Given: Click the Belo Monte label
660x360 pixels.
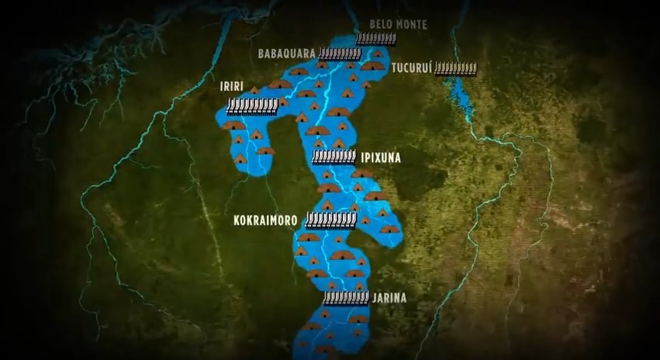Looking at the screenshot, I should coord(398,24).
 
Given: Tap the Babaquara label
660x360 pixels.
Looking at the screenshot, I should coord(286,54).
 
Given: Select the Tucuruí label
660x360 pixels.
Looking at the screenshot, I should coord(410,68).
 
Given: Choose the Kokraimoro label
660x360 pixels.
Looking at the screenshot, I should coord(266,220).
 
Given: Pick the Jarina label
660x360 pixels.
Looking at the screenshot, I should coord(389,297).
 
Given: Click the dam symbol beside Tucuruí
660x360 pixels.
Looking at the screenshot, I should coord(455,68).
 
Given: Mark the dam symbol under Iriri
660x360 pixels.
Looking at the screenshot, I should coord(251,106).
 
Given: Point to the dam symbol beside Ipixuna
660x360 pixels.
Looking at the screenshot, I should coord(333,156).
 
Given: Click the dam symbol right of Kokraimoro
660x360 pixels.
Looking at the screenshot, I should coord(330,220).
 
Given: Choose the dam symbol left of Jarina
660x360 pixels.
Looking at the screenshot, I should coord(346,297).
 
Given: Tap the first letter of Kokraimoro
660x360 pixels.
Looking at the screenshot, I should coord(237,220).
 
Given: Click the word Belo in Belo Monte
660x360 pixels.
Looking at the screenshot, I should coord(380,24).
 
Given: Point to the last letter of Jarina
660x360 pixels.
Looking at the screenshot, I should coord(403,297).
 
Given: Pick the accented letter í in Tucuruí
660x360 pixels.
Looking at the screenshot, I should coord(427,67).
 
